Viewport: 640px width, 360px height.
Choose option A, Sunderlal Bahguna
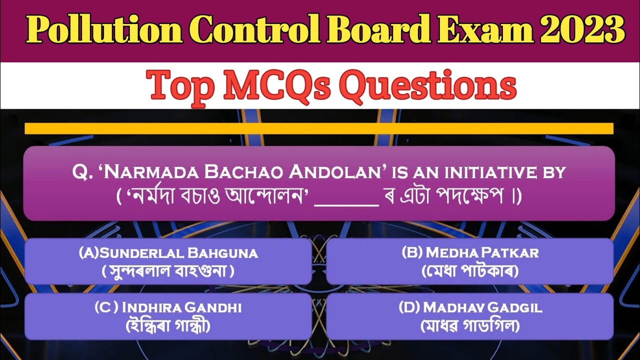168,253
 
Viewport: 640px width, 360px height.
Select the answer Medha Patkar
470,252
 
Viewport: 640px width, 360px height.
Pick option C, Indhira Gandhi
168,307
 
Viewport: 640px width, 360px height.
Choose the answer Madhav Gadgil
470,307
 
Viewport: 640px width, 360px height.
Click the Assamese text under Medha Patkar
470,272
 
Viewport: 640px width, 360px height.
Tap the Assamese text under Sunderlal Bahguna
168,272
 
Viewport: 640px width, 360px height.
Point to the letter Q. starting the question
80,173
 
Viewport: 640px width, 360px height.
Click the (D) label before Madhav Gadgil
409,307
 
